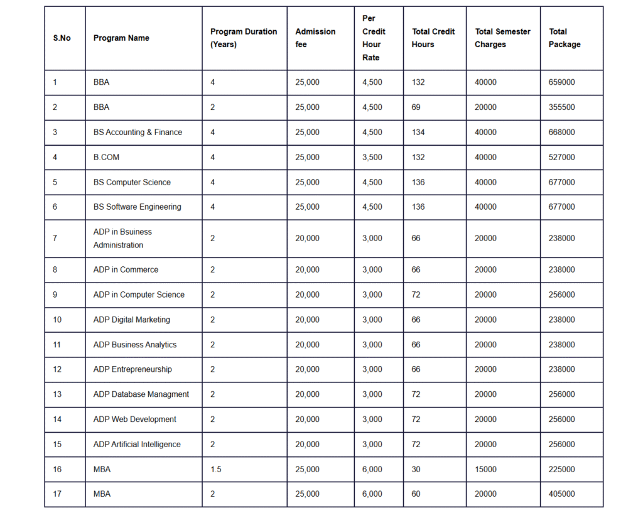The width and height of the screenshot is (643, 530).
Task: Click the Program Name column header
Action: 121,38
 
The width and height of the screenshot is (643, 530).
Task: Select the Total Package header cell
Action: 564,38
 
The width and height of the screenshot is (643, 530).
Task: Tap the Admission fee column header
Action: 315,38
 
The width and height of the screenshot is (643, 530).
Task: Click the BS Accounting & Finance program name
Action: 138,132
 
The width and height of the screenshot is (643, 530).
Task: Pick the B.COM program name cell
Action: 106,158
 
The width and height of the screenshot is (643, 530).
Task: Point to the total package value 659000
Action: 561,82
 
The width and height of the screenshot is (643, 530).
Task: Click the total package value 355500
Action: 561,107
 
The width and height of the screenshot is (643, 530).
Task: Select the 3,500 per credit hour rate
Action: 372,158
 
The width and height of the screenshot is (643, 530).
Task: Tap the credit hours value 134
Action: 418,132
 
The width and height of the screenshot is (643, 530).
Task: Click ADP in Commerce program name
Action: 126,270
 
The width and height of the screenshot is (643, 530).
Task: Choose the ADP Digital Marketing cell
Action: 131,320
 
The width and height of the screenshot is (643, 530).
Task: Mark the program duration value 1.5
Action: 215,470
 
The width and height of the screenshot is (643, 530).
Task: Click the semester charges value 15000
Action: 485,470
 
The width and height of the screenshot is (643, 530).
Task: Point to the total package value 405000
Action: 561,494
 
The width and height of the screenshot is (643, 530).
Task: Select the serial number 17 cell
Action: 57,494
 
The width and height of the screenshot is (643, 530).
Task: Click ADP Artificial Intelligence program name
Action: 137,445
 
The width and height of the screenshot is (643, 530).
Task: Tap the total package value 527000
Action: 561,158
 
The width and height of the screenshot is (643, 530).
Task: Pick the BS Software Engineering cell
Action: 137,207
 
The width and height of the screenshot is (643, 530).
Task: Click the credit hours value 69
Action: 416,107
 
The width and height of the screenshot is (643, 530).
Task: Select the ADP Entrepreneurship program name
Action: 132,369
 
